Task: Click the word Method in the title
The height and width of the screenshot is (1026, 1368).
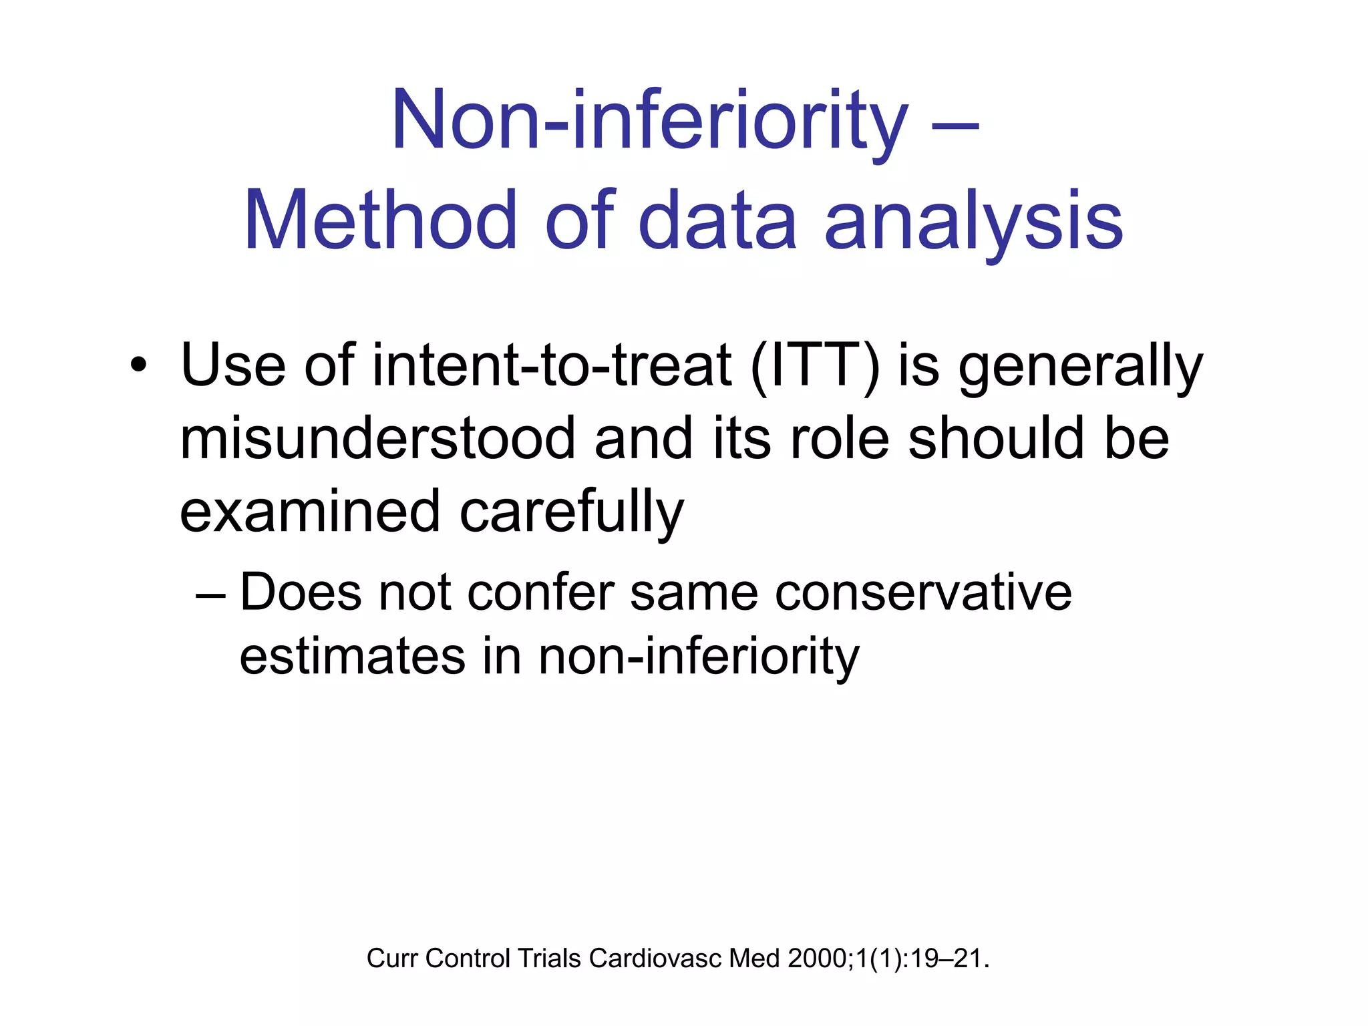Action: click(x=381, y=220)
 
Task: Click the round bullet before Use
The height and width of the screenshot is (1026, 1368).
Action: click(x=138, y=365)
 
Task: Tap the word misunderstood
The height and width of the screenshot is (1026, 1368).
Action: click(x=377, y=439)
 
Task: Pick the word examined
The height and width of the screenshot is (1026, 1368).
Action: click(x=310, y=512)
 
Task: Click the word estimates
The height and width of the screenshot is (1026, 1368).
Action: click(x=352, y=656)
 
